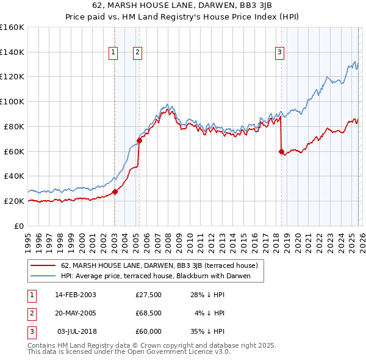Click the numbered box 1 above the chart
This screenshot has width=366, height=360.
click(x=113, y=53)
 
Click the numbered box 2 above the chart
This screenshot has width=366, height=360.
click(x=137, y=53)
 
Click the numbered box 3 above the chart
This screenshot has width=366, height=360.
click(x=279, y=53)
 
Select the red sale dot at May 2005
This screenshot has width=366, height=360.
click(x=139, y=140)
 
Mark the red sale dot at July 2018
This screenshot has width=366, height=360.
click(x=281, y=151)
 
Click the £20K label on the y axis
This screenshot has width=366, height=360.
click(x=13, y=201)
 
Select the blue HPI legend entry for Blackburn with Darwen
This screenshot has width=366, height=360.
click(x=162, y=276)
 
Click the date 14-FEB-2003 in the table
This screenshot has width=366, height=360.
click(x=76, y=295)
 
